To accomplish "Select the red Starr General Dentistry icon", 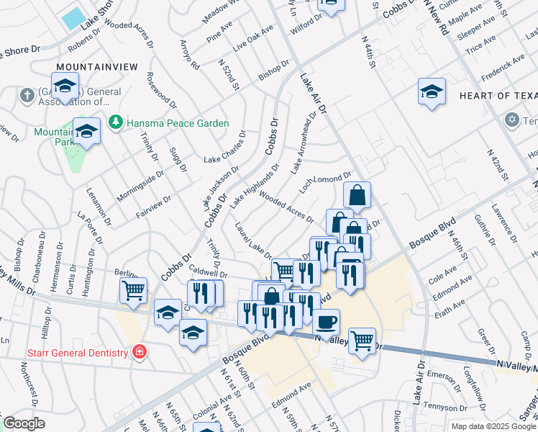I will [x=138, y=352].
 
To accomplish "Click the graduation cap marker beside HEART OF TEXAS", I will [x=432, y=91].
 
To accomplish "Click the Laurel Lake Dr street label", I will [x=252, y=240].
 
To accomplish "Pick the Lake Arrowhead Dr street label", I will [x=304, y=143].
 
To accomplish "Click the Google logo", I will [x=23, y=423].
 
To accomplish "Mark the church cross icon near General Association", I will [x=27, y=95].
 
